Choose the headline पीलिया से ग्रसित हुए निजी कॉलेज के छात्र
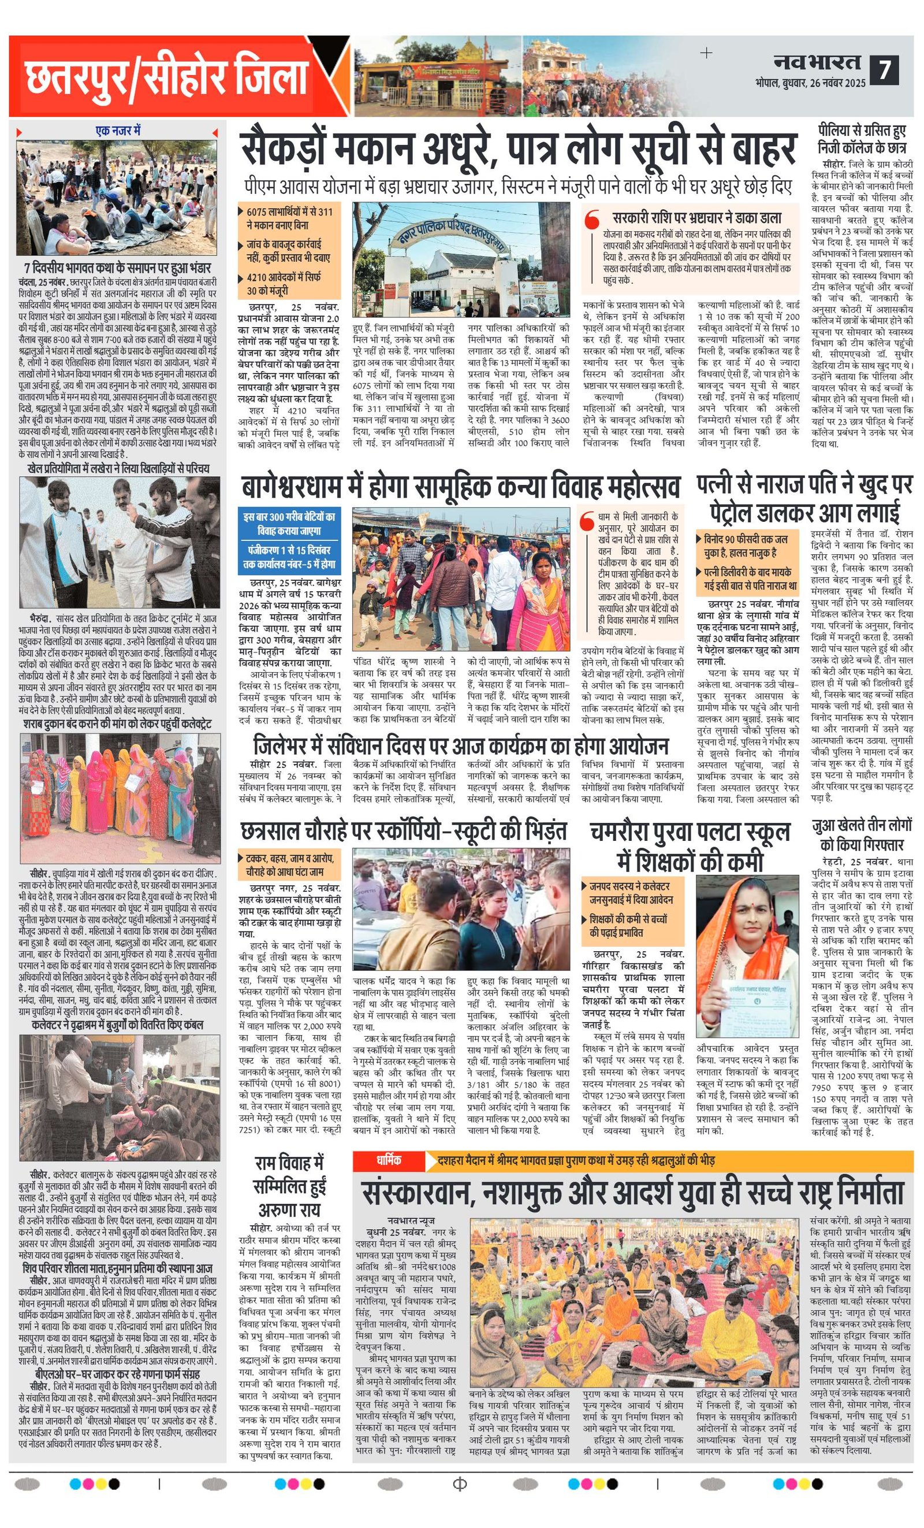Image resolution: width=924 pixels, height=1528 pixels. [862, 140]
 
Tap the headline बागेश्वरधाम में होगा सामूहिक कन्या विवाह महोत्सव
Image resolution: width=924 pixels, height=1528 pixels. [460, 487]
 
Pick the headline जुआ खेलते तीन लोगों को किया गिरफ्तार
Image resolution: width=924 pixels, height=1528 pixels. [862, 835]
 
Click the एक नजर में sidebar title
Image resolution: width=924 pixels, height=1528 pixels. [118, 131]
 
